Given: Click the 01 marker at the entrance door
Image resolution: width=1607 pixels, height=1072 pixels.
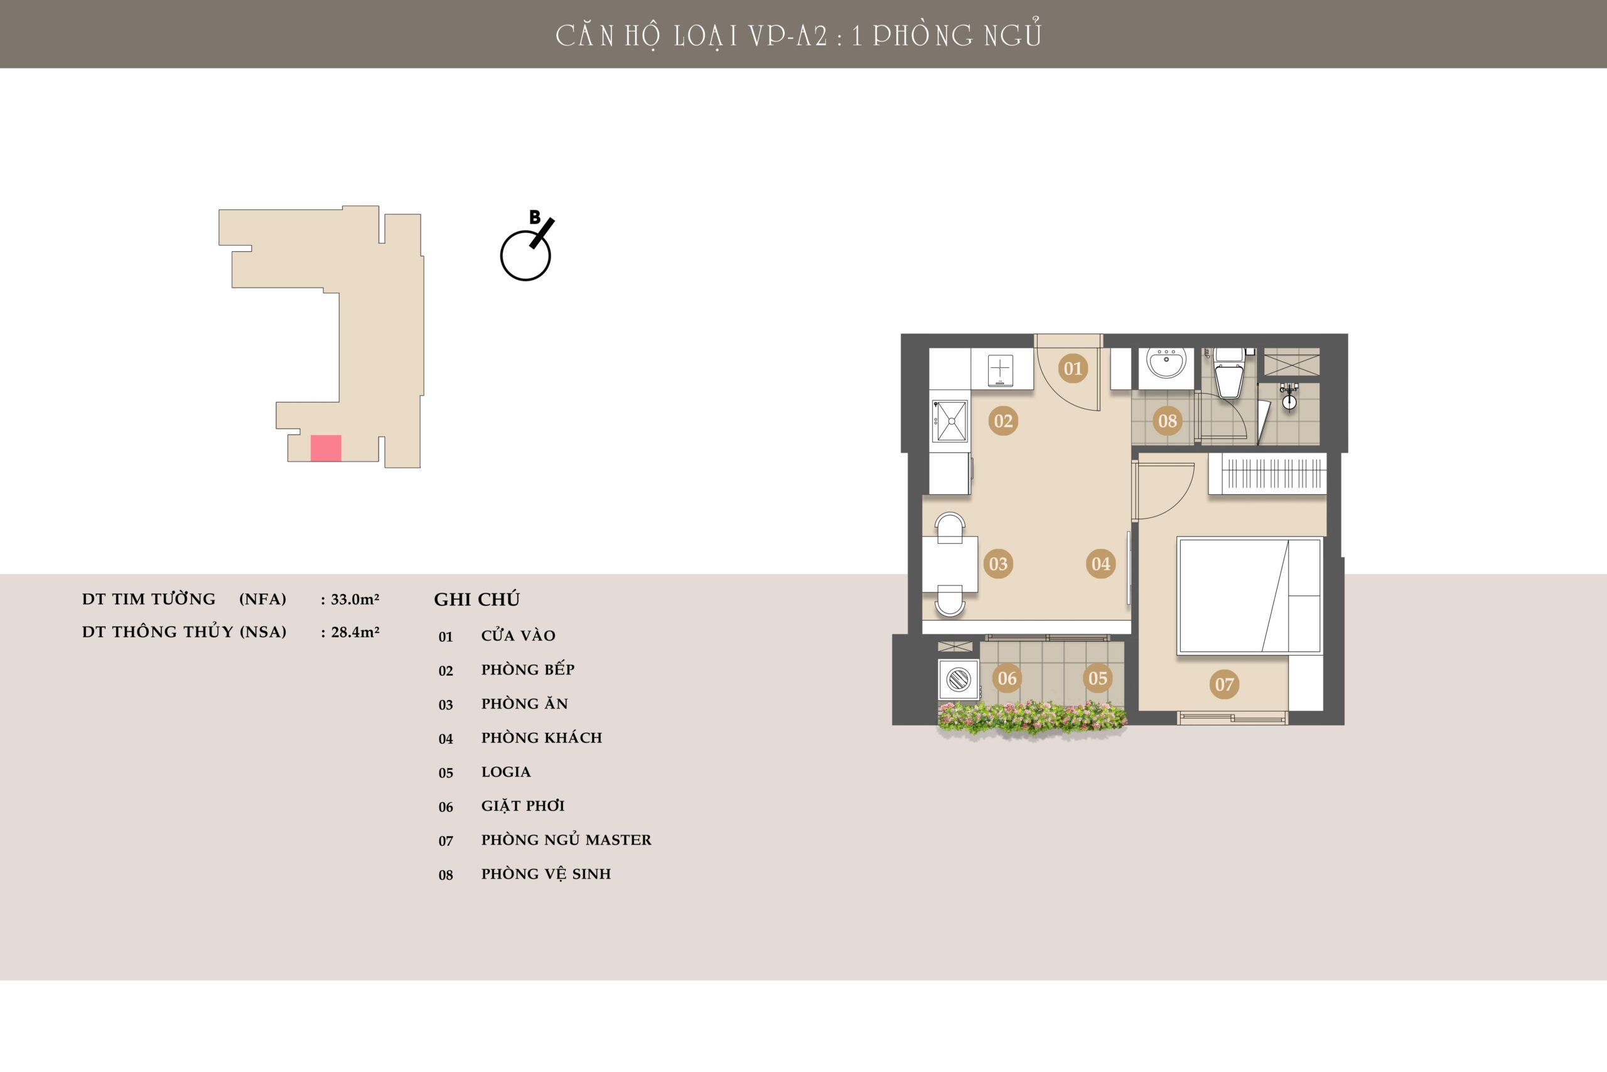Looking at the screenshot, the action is pos(1073,369).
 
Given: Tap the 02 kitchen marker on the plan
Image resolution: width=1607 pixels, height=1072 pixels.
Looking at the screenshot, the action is pos(1003,421).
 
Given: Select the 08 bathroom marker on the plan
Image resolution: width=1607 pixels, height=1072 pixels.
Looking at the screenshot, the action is pos(1167,421).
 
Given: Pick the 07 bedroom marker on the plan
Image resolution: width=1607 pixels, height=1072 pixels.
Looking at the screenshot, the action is pos(1224,684).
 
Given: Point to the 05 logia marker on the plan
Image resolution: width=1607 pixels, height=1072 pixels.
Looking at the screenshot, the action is pos(1097,678).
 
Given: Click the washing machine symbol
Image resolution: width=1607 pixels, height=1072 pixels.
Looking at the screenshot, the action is pos(958,679).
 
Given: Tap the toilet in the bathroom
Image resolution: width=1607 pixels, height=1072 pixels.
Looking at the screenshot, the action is pos(1229,372).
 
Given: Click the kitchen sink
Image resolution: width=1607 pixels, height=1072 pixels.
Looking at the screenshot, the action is pos(950,421).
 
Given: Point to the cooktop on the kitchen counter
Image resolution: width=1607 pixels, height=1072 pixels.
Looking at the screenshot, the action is pos(1000,371).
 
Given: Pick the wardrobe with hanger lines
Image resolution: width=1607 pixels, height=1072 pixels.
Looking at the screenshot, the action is pos(1267,473).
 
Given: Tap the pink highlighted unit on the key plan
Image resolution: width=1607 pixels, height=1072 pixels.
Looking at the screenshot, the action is pos(326,448).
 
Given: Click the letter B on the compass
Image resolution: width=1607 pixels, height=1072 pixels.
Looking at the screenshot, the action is pos(535,217).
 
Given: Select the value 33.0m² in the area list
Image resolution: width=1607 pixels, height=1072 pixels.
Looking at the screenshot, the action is pos(355,599).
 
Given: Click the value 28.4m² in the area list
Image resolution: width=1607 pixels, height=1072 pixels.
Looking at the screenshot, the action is pos(355,632).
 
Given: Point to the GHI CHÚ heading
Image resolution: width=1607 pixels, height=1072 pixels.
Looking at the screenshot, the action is pos(477,600).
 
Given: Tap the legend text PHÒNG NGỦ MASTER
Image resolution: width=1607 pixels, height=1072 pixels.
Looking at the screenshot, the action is pos(566,840).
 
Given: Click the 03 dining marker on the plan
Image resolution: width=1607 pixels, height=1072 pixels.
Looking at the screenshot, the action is pos(998,564).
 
